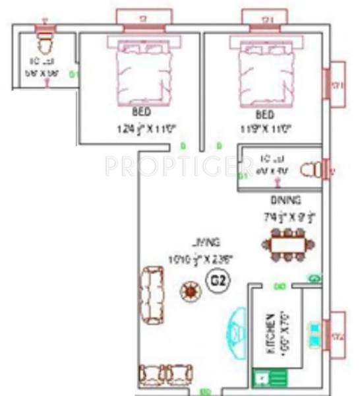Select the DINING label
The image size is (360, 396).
(x=285, y=199)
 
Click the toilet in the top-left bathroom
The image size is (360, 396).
(x=45, y=42)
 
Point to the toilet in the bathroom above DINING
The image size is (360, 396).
(x=309, y=170)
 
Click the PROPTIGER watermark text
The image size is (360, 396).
(x=168, y=166)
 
